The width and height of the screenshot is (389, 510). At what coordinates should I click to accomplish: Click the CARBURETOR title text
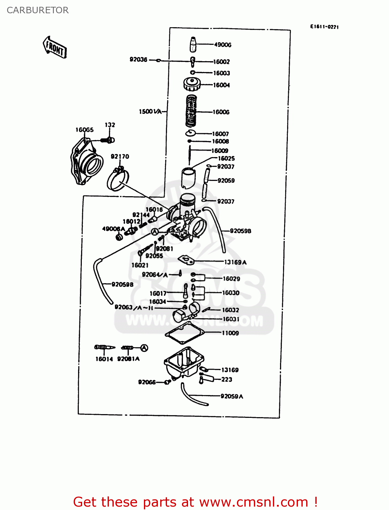point(38,10)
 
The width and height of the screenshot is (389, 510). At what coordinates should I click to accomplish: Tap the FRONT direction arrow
point(55,47)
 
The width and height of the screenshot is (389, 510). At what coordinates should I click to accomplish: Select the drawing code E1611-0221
point(324,27)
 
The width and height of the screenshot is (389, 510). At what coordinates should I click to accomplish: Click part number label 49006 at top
point(223,45)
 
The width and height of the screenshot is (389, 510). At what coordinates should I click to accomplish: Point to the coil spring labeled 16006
point(191,111)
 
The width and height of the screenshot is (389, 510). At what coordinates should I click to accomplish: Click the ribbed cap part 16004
point(192,84)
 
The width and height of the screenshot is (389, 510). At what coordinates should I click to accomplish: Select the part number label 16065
point(85,130)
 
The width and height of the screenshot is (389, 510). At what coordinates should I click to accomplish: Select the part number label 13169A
point(235,262)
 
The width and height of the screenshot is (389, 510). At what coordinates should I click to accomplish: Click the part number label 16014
point(104,359)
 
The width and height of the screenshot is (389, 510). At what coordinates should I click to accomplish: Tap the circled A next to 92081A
point(144,348)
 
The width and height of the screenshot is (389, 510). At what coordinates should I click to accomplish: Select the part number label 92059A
point(232,396)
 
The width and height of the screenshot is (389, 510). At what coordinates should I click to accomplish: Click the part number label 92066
point(147,382)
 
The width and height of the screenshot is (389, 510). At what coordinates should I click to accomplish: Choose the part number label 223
point(227,379)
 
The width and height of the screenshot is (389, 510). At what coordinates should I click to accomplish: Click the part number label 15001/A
point(150,112)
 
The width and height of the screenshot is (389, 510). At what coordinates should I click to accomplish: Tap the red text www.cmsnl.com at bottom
point(253,502)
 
